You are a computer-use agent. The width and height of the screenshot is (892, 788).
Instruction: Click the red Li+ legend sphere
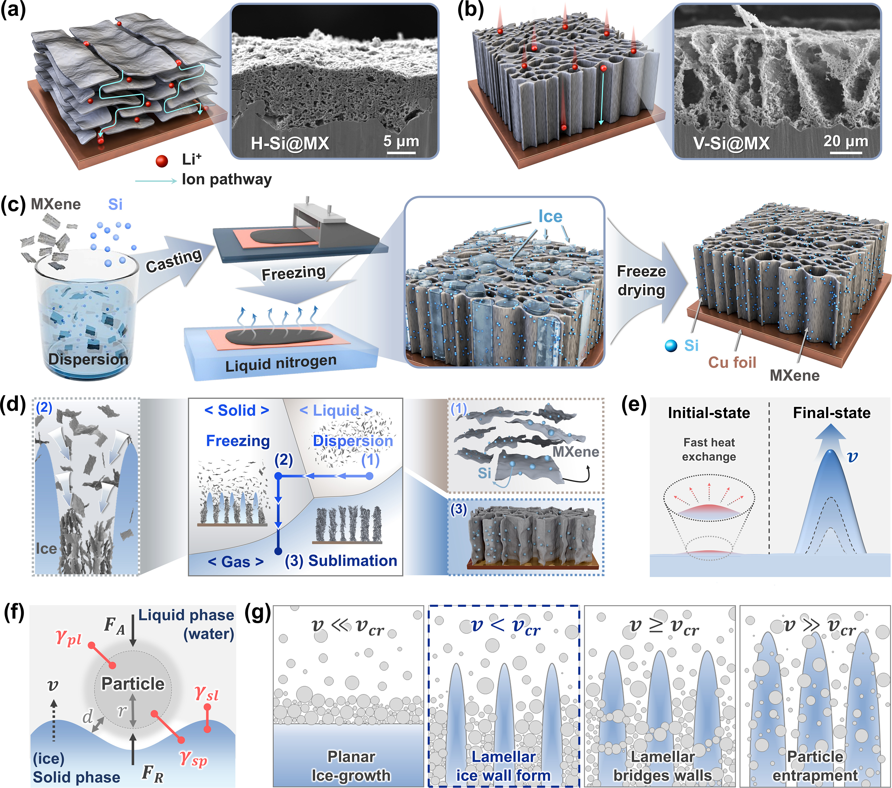tap(162, 161)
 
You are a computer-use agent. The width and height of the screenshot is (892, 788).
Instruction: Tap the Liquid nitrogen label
tap(281, 364)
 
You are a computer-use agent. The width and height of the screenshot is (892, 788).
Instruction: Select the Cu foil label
tap(732, 362)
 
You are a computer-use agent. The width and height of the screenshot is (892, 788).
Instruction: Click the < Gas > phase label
tap(236, 562)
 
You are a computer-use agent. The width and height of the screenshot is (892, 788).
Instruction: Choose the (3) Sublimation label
tap(341, 561)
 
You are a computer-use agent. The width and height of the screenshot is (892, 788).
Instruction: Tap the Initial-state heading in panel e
tap(709, 413)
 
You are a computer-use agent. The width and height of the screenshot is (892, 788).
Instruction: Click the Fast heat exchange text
tap(709, 449)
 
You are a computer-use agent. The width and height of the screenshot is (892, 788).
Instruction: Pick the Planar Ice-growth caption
tap(351, 766)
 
